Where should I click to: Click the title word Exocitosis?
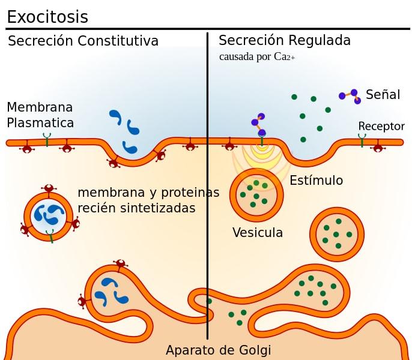47,17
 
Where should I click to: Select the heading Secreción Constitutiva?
83,41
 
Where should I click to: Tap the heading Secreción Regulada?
285,41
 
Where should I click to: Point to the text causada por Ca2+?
256,58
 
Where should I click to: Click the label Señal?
383,95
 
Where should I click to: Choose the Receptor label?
381,127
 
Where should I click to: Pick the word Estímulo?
316,181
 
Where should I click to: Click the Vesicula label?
257,233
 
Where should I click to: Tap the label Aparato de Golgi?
218,350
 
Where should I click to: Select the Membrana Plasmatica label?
40,115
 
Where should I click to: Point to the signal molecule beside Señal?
350,96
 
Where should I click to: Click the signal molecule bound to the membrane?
259,124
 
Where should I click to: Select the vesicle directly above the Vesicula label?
256,193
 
